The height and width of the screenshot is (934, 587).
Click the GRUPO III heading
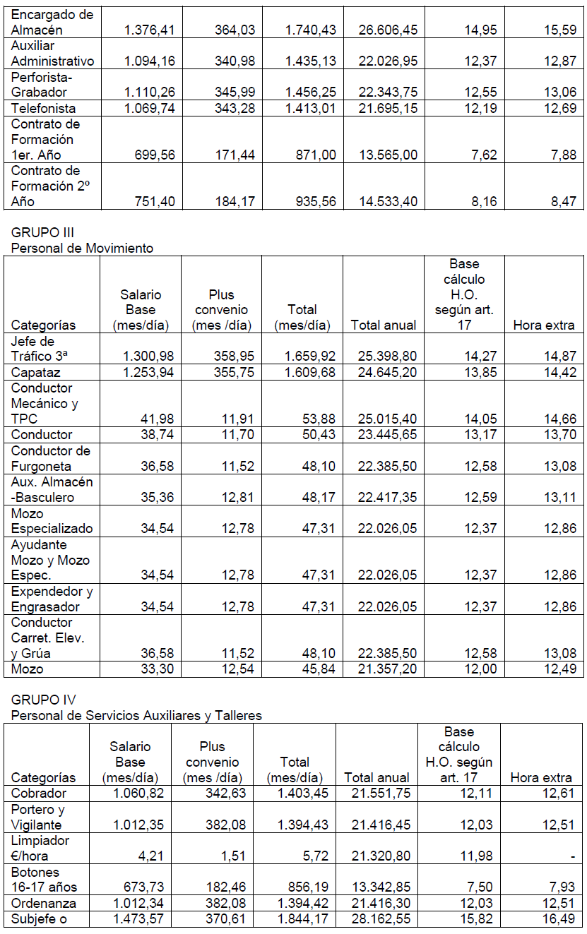coord(42,232)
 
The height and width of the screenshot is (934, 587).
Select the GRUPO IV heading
coord(44,700)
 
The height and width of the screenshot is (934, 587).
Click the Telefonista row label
coord(44,108)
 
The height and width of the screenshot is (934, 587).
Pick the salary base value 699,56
coord(155,155)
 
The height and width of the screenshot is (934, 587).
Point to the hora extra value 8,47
coord(562,201)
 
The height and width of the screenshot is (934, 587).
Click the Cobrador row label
coord(39,793)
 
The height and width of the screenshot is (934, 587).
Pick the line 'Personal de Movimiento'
coord(82,248)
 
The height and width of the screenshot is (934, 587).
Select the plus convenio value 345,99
coord(235,92)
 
